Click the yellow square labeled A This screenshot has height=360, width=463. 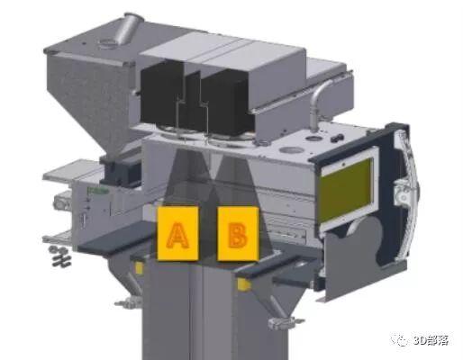(x=177, y=233)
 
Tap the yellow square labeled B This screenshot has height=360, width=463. (x=238, y=233)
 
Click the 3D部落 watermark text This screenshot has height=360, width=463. (x=431, y=341)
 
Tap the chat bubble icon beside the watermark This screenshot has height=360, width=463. (x=400, y=340)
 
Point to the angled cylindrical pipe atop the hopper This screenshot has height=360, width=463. (x=128, y=28)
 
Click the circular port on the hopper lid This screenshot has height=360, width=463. (x=105, y=44)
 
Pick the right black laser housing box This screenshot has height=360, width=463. (x=227, y=101)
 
